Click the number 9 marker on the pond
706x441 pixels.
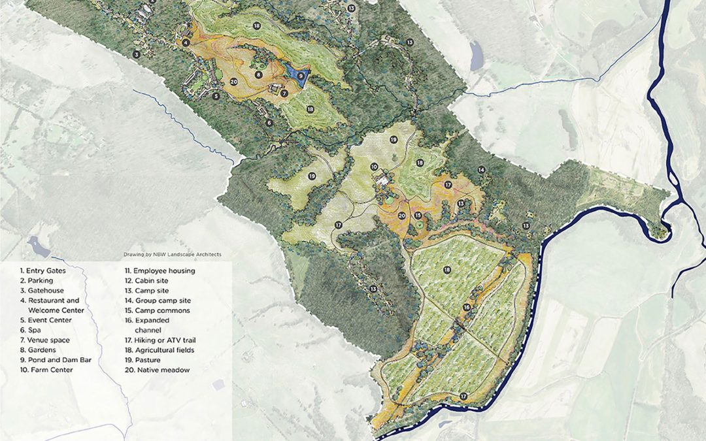[x=301, y=76]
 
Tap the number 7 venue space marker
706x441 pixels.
[x=284, y=93]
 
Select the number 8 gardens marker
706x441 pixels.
[x=259, y=74]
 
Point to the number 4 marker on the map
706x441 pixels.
[x=186, y=42]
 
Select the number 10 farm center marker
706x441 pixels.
[x=374, y=167]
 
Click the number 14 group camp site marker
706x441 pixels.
[x=481, y=170]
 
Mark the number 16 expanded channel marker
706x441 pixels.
[x=467, y=306]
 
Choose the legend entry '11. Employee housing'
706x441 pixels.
[x=160, y=270]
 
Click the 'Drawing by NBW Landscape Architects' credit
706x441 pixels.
[x=173, y=254]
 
